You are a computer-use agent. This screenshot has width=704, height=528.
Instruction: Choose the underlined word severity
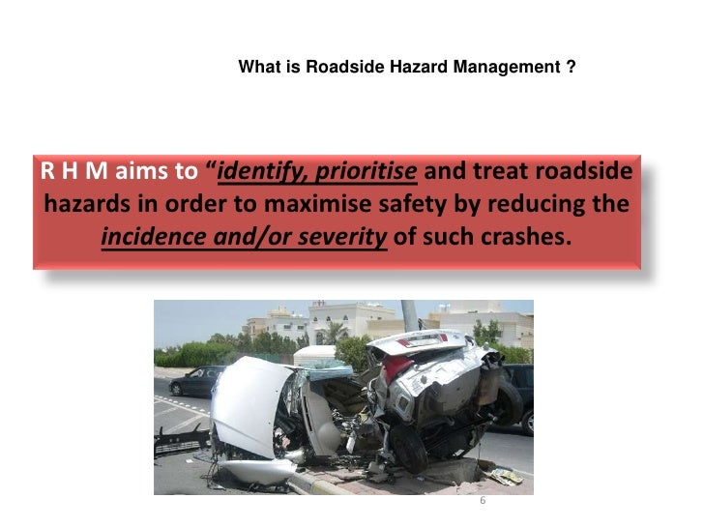click(x=341, y=236)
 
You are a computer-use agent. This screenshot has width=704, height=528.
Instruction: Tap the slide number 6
click(x=483, y=501)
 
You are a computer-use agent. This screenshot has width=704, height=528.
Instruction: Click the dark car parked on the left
click(x=193, y=380)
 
